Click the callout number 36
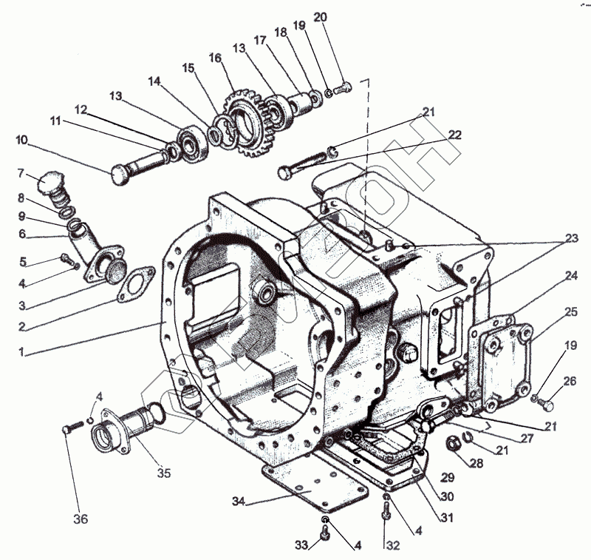coord(81,519)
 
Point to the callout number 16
coord(215,57)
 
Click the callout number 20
coord(320,17)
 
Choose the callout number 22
coord(454,135)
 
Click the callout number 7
coord(21,173)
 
